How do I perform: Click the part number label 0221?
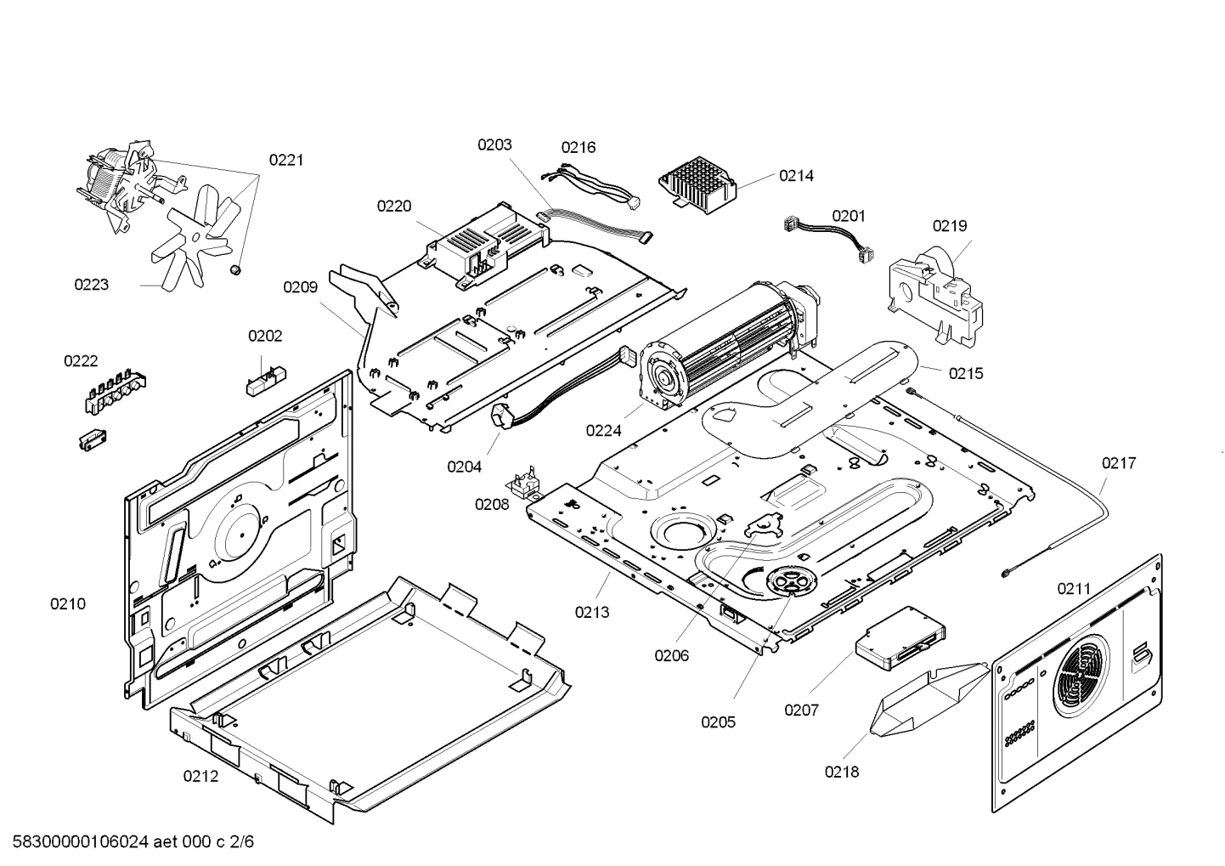point(286,160)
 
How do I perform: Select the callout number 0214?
point(796,176)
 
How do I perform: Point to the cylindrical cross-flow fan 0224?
point(731,340)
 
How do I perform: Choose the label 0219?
point(949,226)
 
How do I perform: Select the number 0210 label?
point(68,604)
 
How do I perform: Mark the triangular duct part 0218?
point(927,698)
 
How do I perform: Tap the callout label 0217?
point(1119,463)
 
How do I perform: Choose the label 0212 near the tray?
point(200,776)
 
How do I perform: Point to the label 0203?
point(494,144)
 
